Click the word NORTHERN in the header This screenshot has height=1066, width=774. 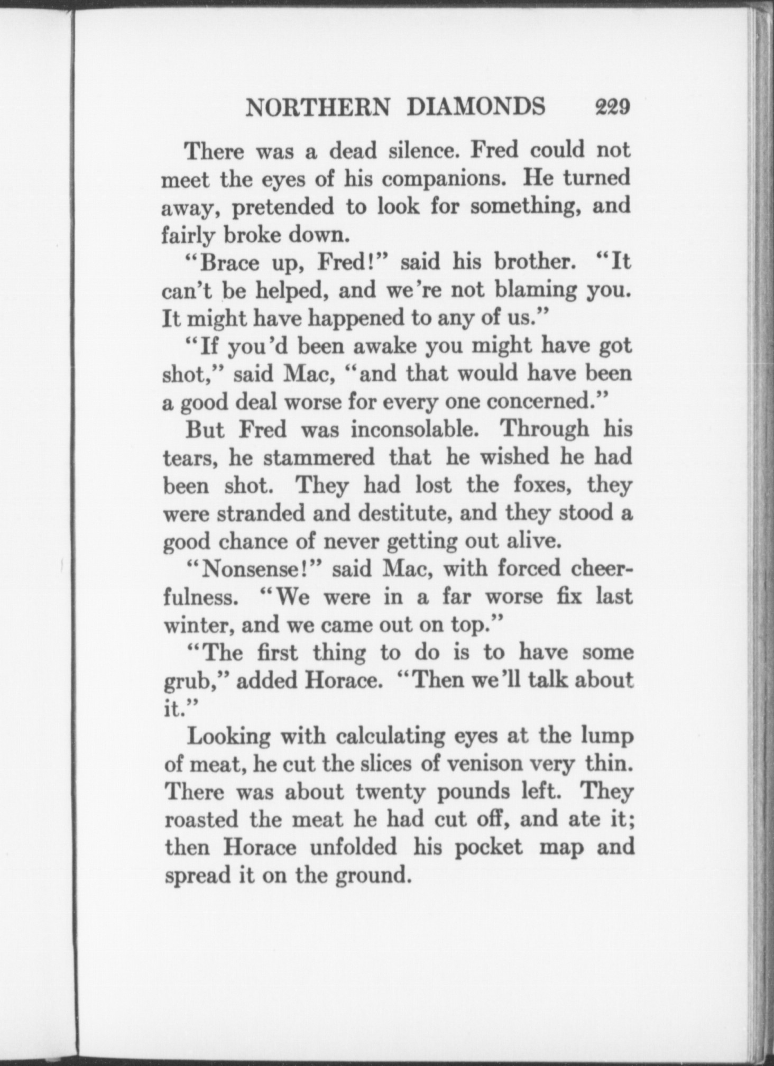click(319, 107)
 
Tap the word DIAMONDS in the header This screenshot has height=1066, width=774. click(476, 107)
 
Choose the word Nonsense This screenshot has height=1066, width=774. click(259, 569)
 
